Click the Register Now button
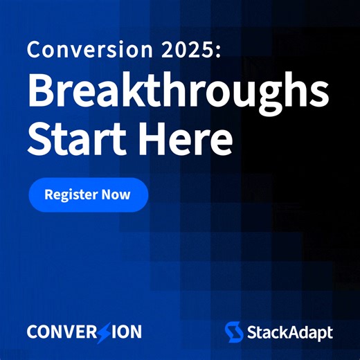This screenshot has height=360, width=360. point(88,195)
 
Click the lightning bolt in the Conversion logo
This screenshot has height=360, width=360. point(103,332)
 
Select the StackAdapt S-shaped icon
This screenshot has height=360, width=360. point(233,332)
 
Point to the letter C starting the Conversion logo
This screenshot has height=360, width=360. point(33,332)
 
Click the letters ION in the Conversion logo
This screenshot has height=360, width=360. point(126,332)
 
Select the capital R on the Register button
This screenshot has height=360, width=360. point(48,195)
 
